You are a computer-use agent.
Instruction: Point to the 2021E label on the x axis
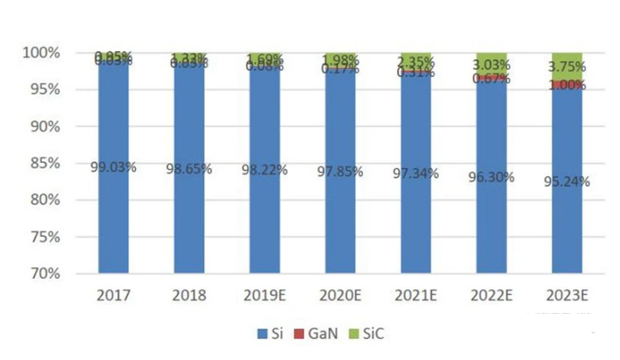(x=416, y=294)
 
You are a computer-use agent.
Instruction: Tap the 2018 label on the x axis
(x=189, y=294)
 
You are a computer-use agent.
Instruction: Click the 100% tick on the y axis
(x=41, y=53)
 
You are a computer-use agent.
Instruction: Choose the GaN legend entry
(x=311, y=333)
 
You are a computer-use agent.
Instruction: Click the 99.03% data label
(x=113, y=167)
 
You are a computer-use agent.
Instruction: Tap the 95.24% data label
(x=567, y=182)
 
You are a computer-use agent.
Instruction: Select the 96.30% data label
(x=491, y=176)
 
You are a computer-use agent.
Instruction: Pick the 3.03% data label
(x=492, y=64)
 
